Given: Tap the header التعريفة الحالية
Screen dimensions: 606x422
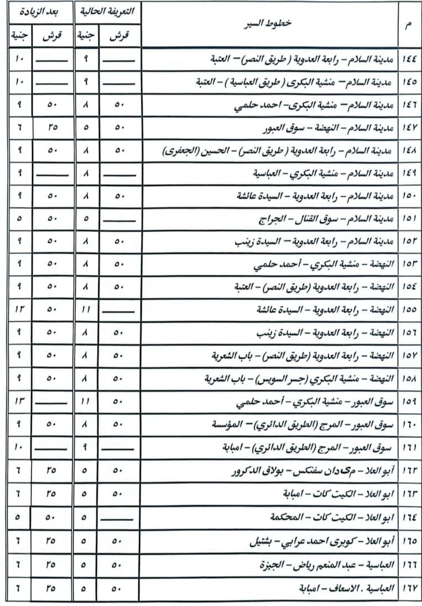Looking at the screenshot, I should pyautogui.click(x=107, y=12).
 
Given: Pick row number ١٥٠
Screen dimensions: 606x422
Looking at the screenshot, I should pyautogui.click(x=409, y=196).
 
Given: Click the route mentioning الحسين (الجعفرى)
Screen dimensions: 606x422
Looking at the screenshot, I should pyautogui.click(x=279, y=151).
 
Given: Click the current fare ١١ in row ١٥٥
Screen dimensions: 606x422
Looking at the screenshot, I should pyautogui.click(x=86, y=311).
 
